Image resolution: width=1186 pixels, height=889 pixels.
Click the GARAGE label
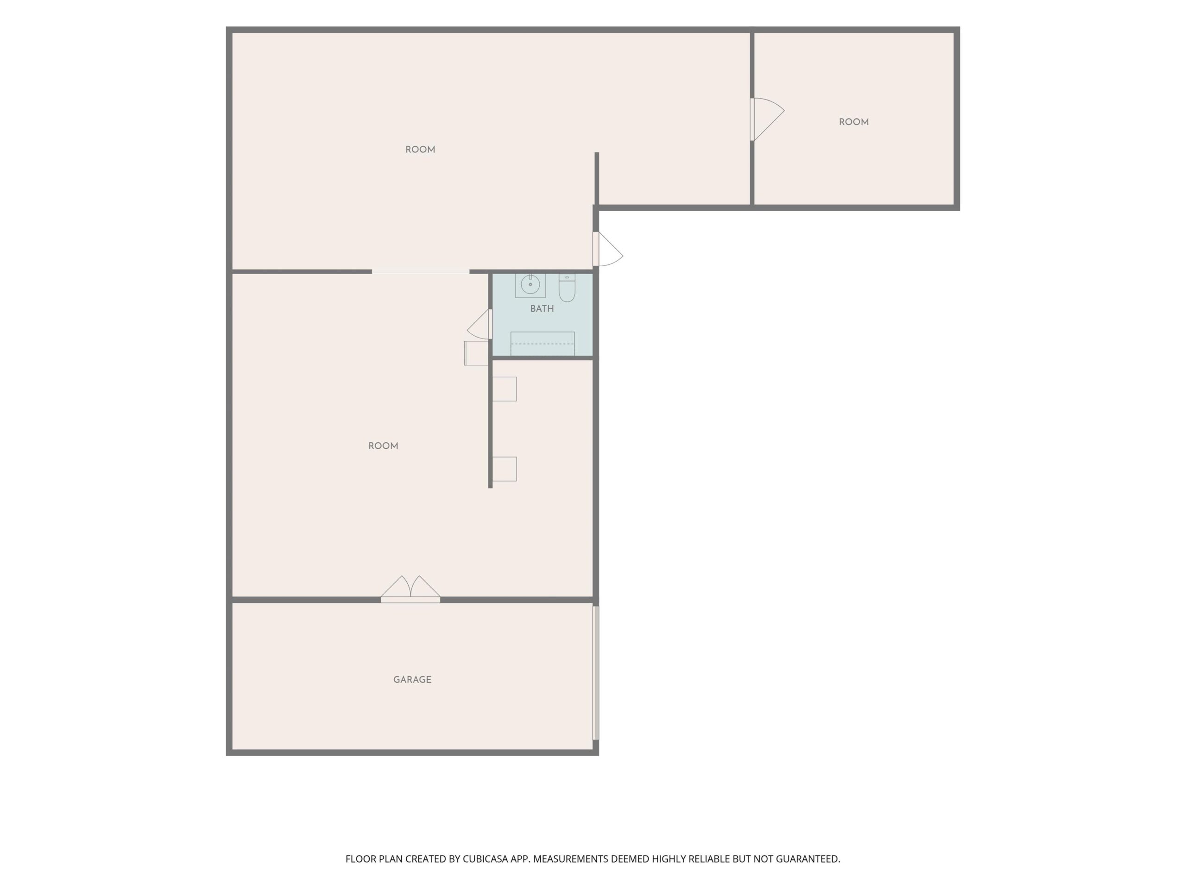[412, 679]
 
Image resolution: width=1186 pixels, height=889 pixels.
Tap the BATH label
[542, 309]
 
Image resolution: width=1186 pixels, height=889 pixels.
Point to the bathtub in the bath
[542, 344]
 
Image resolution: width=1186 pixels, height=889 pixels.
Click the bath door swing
[479, 324]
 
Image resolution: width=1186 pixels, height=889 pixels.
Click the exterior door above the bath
[607, 249]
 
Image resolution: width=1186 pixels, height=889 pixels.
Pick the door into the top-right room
[767, 119]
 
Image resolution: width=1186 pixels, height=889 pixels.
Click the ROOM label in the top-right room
[853, 122]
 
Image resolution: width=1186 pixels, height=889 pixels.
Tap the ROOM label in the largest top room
[420, 150]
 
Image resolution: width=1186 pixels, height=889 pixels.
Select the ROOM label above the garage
[383, 446]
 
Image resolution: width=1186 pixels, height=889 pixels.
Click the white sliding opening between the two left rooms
[420, 272]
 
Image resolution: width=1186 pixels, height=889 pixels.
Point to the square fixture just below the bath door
[476, 353]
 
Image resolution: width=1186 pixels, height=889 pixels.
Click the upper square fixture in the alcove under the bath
[504, 389]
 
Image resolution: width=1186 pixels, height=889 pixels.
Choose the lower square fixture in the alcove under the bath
[504, 469]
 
